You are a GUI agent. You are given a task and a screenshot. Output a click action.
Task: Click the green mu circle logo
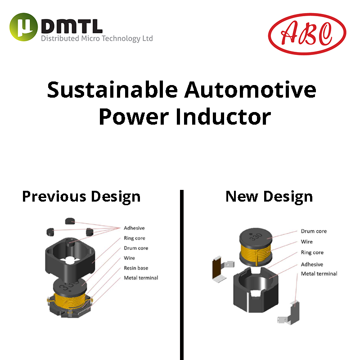point(23,27)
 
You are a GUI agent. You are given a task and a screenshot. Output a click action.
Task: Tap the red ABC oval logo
point(307,34)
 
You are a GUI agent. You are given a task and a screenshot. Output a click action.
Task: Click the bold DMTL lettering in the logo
point(72,26)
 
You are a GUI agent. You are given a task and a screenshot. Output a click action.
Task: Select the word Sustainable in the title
point(112,90)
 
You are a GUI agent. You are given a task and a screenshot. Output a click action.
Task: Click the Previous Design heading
point(81,197)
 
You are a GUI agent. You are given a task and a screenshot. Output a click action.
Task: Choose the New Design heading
point(269,197)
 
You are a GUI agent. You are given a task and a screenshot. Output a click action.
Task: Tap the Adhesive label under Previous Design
point(134,228)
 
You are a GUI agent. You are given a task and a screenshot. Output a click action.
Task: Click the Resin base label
point(136,268)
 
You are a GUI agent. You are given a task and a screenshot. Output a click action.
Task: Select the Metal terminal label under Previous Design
point(141,278)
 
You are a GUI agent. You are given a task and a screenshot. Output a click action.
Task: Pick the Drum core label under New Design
point(314,231)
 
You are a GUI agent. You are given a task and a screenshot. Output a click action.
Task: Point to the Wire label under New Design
point(307,242)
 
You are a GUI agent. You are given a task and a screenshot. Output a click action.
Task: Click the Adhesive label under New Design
point(312,265)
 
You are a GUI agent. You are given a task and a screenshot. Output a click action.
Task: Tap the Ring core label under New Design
point(312,252)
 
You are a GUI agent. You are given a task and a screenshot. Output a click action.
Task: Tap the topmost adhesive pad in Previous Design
point(70,221)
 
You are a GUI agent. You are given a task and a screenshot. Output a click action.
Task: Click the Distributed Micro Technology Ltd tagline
point(97,38)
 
